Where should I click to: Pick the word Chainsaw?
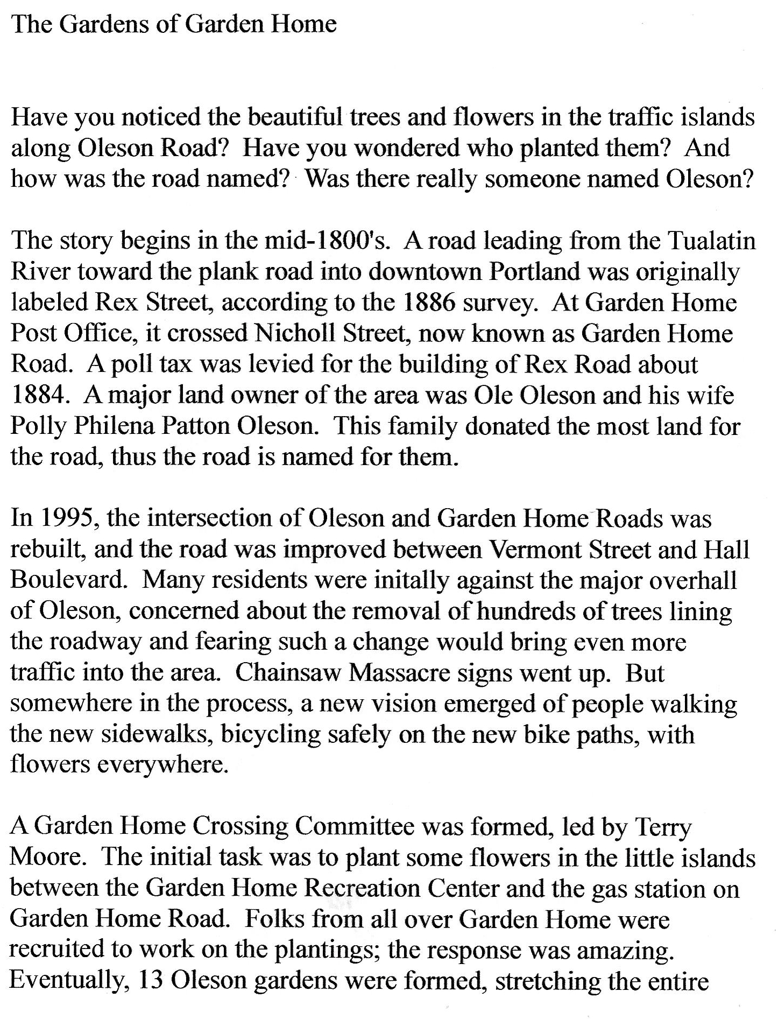(287, 673)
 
